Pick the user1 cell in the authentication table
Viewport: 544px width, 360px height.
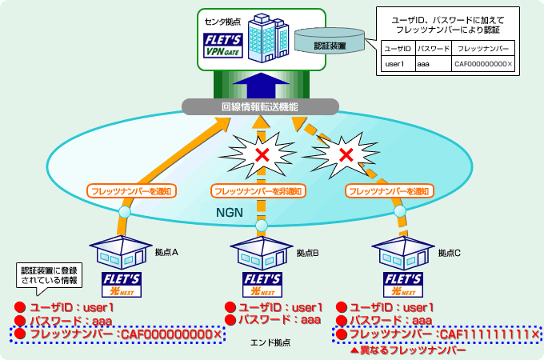pos(397,63)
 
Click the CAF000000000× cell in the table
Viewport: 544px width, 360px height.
pos(483,63)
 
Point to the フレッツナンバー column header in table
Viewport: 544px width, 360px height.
pos(483,48)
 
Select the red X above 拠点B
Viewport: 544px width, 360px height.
pos(262,154)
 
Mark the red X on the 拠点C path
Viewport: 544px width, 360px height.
pos(345,153)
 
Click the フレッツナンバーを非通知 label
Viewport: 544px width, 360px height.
pos(258,191)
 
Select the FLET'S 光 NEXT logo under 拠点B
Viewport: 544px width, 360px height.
pos(262,284)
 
